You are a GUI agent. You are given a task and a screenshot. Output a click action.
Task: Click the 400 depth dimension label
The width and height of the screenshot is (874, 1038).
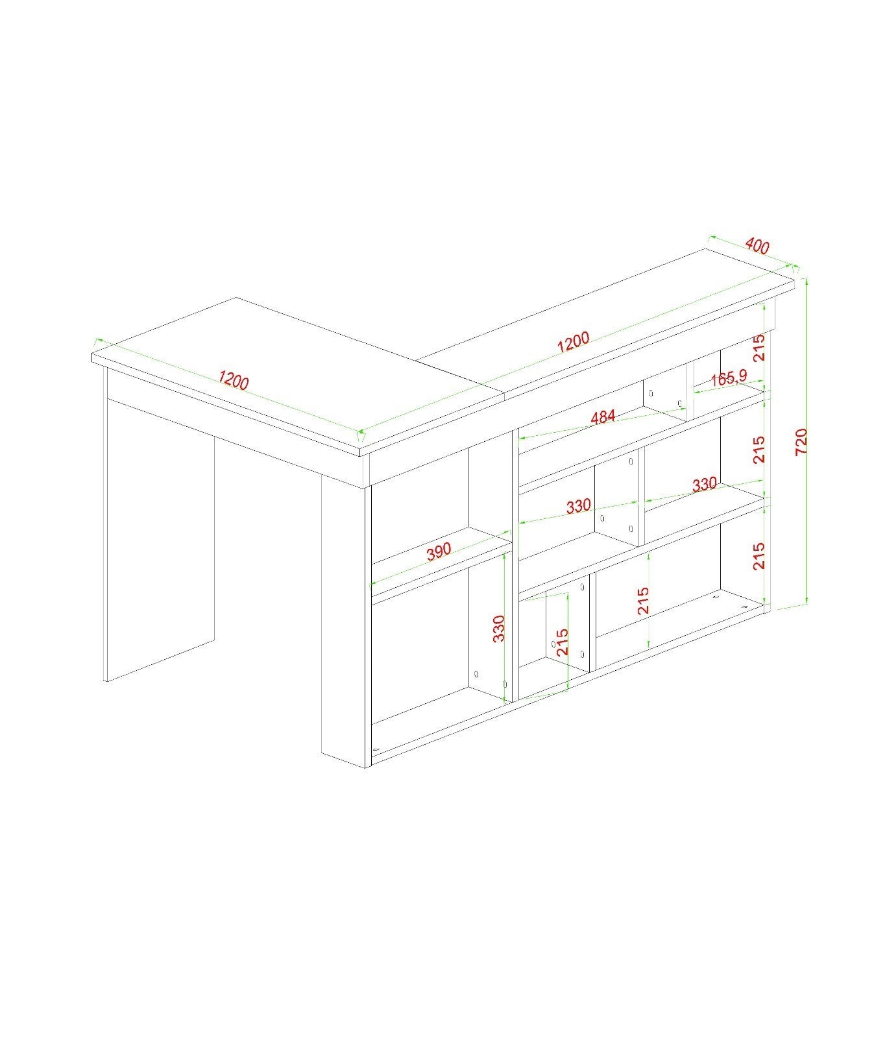[x=757, y=246]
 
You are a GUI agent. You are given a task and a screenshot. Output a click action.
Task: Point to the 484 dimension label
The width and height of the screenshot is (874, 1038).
[x=603, y=416]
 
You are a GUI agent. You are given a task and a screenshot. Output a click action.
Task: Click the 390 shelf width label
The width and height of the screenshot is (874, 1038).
[x=439, y=551]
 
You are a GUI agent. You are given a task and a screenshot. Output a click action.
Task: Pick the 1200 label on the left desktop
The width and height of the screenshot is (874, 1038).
[x=233, y=380]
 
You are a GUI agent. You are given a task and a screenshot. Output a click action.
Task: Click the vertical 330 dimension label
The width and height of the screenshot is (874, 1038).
[x=498, y=628]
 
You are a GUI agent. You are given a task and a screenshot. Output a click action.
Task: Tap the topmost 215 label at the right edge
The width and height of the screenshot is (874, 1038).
[x=759, y=347]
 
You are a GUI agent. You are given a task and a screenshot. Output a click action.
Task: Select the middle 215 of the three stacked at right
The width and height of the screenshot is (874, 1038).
[x=759, y=449]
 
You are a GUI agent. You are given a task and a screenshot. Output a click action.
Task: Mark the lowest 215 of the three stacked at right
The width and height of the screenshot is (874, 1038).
[x=759, y=556]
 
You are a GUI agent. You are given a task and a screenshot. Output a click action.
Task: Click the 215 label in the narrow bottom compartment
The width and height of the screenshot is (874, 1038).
[x=562, y=642]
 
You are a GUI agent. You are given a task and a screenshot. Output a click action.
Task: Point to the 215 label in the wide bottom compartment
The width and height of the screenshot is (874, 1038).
[x=643, y=601]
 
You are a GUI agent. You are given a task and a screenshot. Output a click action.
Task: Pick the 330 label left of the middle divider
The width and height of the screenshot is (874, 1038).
[x=578, y=506]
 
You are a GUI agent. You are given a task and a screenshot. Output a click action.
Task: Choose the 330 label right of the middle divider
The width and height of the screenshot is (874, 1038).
[x=704, y=484]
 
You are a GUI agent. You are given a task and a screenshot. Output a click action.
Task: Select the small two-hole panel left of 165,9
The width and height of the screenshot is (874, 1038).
[x=666, y=396]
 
